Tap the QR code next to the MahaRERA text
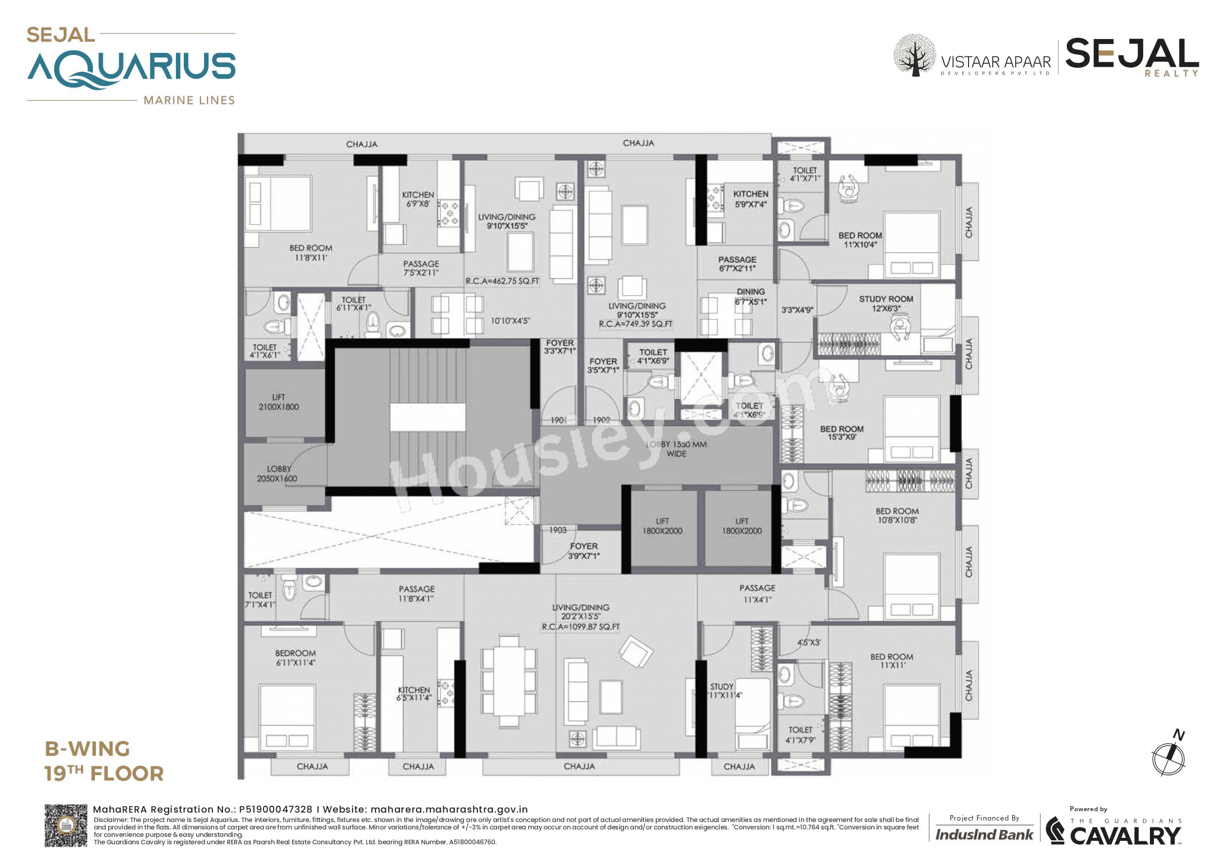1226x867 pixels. coord(65,825)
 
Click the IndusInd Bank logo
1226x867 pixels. coord(984,834)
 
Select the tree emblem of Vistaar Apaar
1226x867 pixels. coord(914,55)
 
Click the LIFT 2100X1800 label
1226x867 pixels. coord(278,402)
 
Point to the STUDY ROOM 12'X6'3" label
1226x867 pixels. coord(886,303)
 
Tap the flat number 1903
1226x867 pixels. coord(557,530)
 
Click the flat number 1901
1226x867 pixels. coord(558,420)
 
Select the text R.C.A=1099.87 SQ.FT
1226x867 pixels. coord(581,627)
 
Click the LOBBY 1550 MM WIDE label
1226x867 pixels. coord(676,449)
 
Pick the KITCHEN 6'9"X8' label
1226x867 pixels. coord(418,199)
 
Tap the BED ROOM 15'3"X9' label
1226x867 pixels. coord(842,433)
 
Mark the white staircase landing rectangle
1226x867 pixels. coord(427,417)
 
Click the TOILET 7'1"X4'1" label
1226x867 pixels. coord(260,600)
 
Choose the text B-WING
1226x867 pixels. coord(87,748)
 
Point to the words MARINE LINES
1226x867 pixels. coord(189,100)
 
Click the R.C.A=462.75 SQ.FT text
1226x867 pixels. coord(502,281)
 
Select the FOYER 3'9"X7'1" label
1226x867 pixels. coord(584,551)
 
